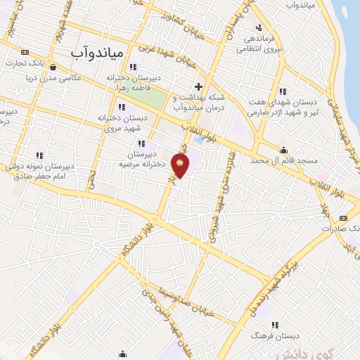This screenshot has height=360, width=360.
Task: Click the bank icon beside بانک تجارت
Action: pos(26,52)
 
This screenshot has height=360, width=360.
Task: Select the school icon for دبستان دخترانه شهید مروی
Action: pos(122,107)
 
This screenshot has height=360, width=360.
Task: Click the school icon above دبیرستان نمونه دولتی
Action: pos(39,154)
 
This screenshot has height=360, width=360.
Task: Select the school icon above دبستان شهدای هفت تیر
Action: pos(283,91)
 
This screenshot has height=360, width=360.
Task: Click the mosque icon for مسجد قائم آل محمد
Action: pos(283,149)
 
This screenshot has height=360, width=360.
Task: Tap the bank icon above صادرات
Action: pos(343,218)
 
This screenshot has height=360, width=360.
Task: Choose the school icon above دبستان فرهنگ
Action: pos(275,324)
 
